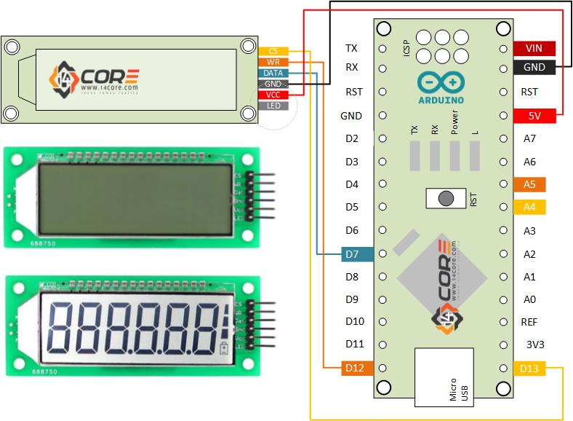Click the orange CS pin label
tap(273, 51)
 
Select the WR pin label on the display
tap(273, 62)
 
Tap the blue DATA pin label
tap(273, 73)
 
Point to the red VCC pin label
tap(273, 95)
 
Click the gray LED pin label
tap(273, 106)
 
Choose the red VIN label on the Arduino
tap(534, 49)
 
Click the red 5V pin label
tap(534, 116)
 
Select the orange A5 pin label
tap(529, 184)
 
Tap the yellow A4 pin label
tap(529, 208)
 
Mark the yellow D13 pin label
tap(529, 369)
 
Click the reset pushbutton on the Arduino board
tap(443, 197)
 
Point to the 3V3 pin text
tap(535, 345)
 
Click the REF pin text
tap(529, 321)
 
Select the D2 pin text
tap(352, 138)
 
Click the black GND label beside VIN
tap(534, 68)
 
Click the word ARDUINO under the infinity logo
tap(442, 98)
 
